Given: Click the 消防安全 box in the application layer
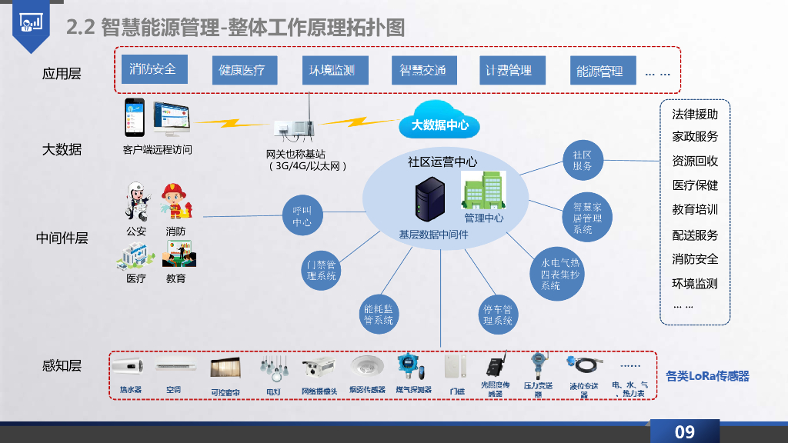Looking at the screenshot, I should (153, 69).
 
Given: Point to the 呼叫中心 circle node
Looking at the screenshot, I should (302, 215).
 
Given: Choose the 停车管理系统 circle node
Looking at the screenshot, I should (497, 314).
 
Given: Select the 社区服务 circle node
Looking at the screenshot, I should (583, 160).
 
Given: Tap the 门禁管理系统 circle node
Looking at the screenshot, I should (322, 270).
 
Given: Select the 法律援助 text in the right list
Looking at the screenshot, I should (695, 114).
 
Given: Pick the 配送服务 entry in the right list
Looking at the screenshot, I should (695, 235).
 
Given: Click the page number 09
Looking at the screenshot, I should (684, 431).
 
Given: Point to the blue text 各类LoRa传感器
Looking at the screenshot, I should (707, 376).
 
